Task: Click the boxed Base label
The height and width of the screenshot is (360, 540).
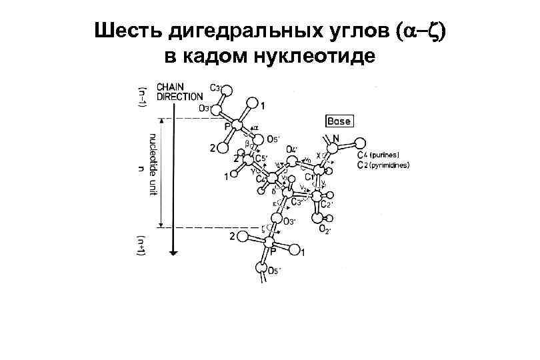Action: point(339,121)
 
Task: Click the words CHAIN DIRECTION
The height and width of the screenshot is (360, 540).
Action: point(179,91)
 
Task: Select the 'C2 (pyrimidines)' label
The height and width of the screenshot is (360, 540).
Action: point(383,165)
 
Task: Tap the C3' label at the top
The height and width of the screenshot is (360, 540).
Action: point(215,87)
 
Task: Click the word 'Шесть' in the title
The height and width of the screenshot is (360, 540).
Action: point(123,31)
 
